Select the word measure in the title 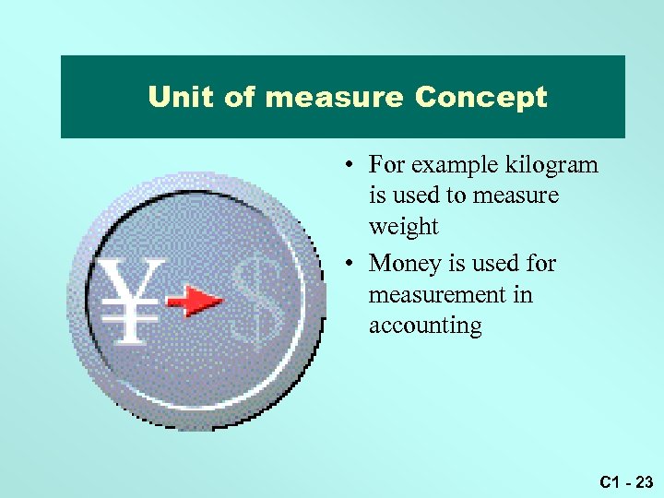point(333,97)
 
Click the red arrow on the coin point(195,301)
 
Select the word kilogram point(551,165)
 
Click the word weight point(403,227)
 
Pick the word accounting point(425,326)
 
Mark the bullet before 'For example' point(352,167)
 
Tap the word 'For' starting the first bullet point(386,165)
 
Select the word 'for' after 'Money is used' point(539,264)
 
